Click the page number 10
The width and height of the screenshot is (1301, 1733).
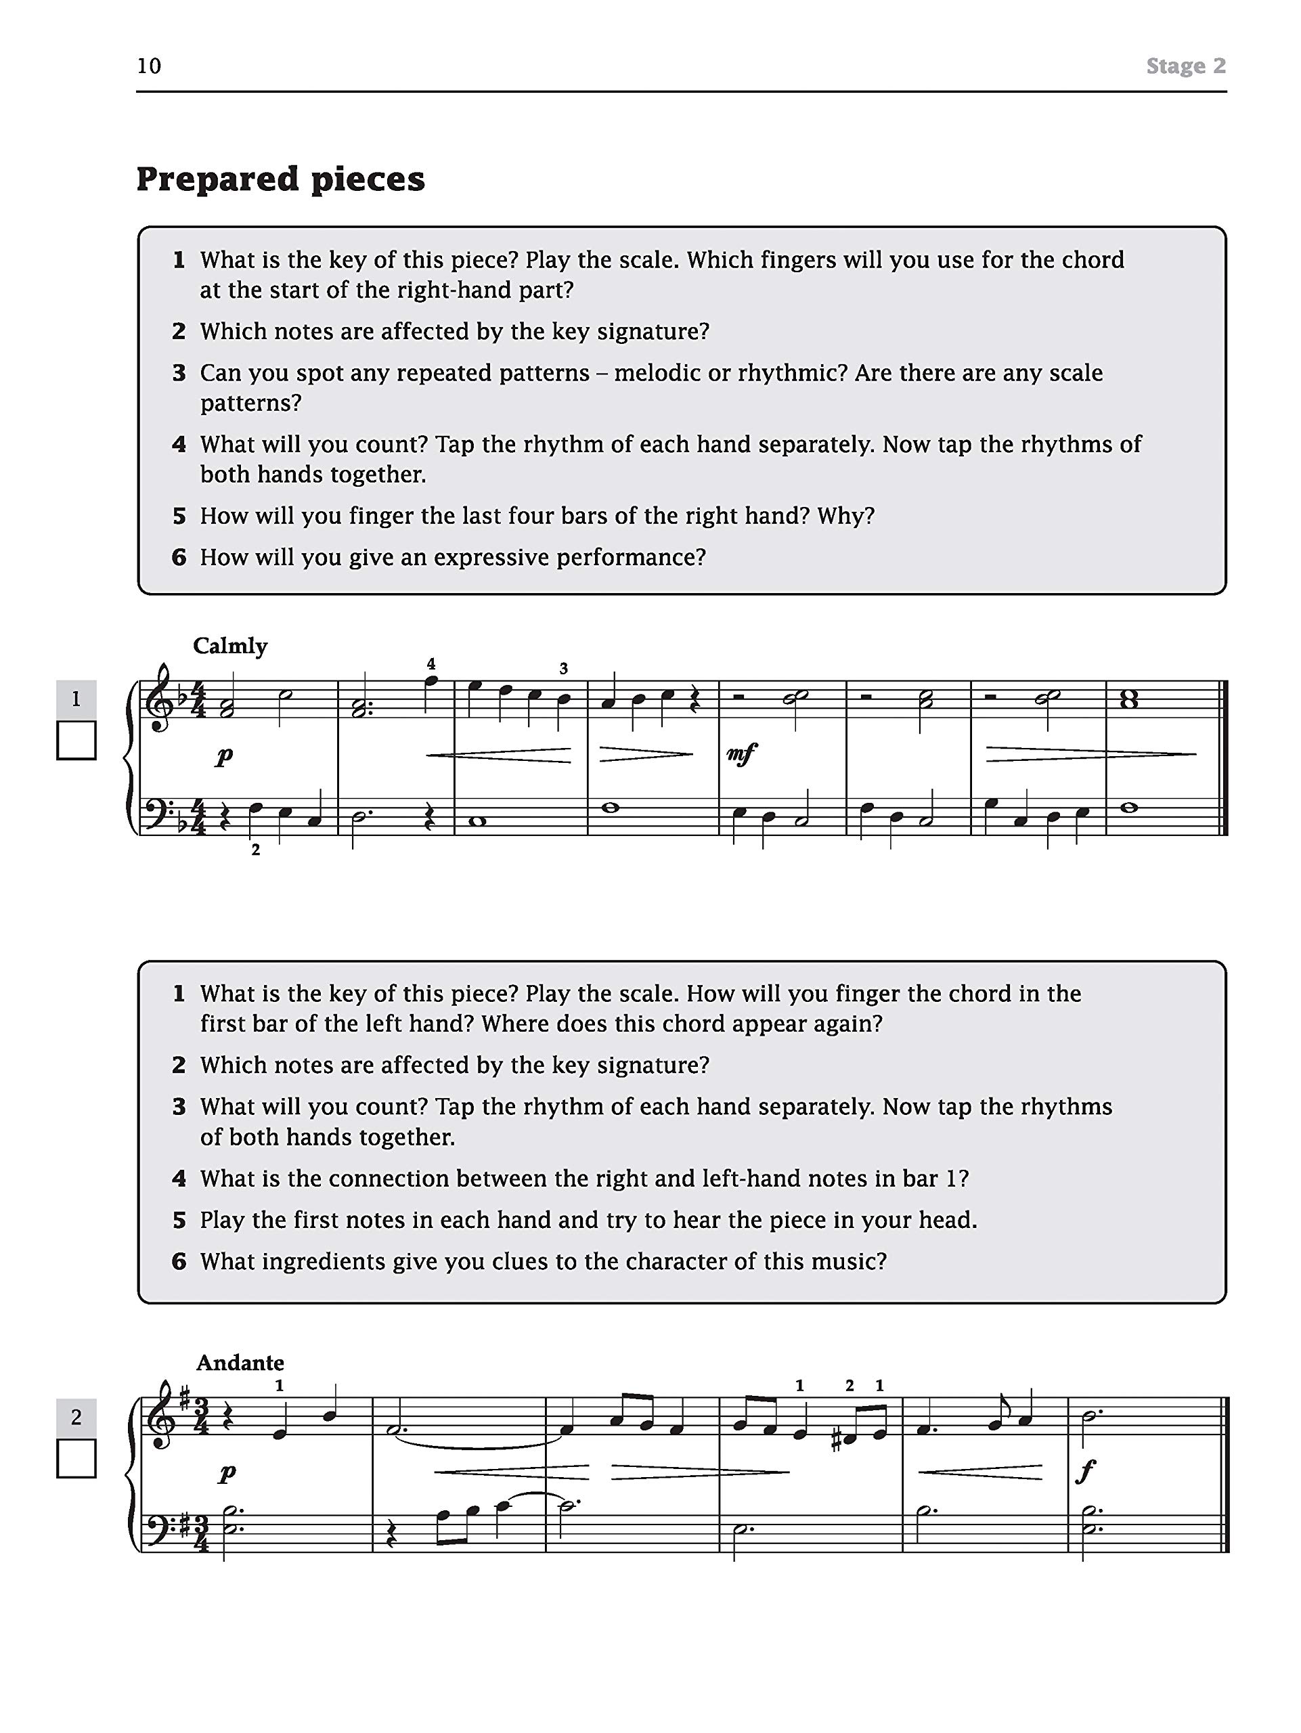point(149,66)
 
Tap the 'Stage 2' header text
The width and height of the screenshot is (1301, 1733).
point(1185,66)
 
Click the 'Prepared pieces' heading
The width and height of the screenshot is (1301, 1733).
point(280,179)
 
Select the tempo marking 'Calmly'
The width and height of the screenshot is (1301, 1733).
point(230,646)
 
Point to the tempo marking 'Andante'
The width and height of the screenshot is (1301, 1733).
point(240,1363)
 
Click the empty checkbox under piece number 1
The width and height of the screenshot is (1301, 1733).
point(76,741)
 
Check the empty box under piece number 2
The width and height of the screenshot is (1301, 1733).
point(76,1458)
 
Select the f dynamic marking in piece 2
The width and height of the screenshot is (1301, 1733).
point(1086,1472)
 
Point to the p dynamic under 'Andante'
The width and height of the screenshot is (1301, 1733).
point(227,1473)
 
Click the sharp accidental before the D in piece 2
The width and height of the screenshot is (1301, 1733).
point(836,1441)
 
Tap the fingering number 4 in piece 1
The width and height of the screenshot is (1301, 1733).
point(431,663)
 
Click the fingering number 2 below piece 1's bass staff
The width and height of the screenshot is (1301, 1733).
point(255,850)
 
